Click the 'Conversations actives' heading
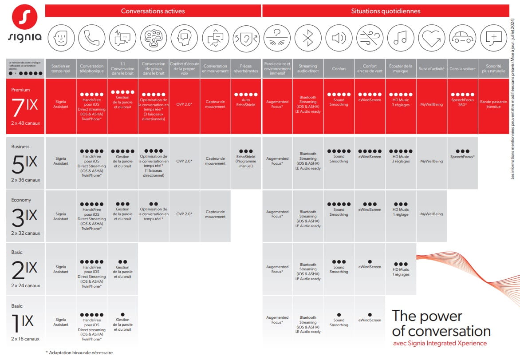153,11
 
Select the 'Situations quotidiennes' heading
385,11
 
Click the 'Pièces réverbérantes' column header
246,69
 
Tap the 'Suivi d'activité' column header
431,69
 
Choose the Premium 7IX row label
26,107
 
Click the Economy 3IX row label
26,216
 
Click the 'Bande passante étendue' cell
493,104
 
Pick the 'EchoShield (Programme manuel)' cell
246,159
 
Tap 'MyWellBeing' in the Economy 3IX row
431,214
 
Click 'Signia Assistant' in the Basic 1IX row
61,322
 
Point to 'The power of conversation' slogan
441,324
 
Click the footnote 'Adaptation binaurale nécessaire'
79,353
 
